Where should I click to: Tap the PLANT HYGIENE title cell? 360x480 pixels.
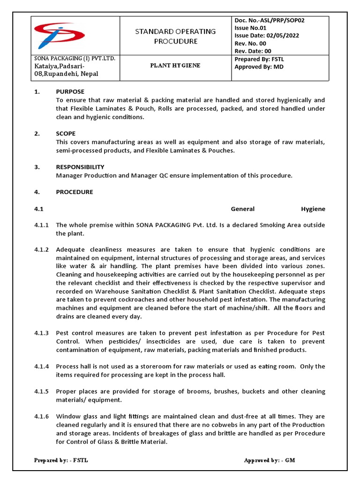175,66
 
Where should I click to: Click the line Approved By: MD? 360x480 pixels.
259,67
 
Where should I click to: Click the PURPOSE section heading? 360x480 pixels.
70,92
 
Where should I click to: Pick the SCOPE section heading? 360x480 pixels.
66,134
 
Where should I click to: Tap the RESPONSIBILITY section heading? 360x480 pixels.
80,167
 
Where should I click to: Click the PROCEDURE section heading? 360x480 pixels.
75,192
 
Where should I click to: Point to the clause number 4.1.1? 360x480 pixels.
41,225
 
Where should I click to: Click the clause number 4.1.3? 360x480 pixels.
41,333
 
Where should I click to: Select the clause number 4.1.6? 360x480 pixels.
41,417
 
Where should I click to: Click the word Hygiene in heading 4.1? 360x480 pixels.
313,209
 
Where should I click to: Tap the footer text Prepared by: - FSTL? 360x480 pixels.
61,460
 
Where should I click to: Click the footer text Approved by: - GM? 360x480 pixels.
270,460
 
